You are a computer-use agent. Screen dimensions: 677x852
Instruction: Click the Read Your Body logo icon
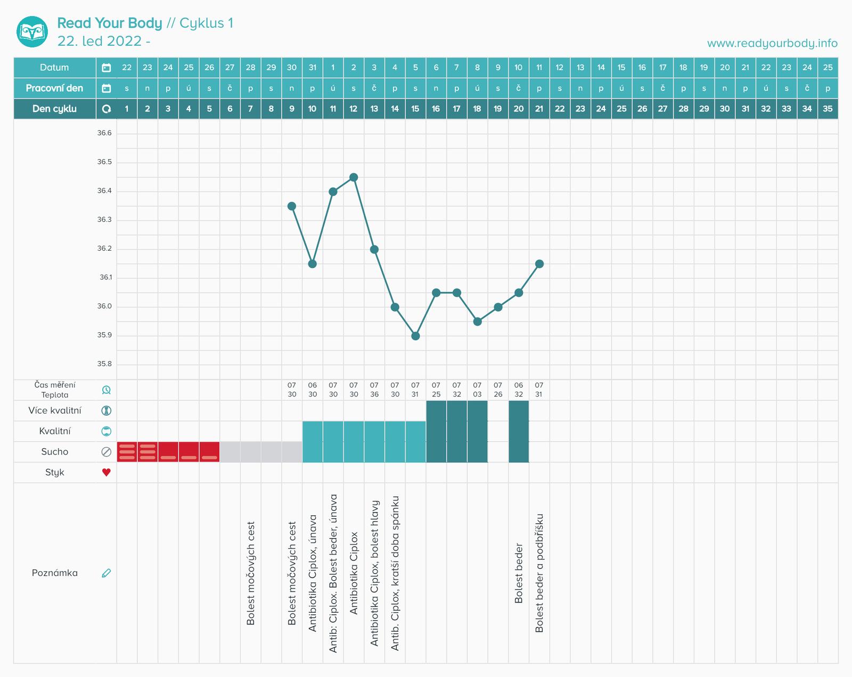coord(32,31)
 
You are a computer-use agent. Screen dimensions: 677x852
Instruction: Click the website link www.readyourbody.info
coord(772,43)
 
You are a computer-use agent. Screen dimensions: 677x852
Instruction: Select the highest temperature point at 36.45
coord(354,177)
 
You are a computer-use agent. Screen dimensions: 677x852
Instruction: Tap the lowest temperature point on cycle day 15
coord(415,336)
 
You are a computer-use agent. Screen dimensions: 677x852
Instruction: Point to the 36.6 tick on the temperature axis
coord(104,133)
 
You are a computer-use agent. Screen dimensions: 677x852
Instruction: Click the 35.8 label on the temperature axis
coord(104,364)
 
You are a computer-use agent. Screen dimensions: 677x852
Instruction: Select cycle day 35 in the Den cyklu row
coord(828,109)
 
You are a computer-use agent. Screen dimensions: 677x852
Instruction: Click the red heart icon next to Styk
coord(106,472)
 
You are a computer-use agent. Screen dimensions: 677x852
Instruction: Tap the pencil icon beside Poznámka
coord(106,573)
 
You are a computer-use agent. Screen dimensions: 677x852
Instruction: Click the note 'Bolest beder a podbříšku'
coord(539,573)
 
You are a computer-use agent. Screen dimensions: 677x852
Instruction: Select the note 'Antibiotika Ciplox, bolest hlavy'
coord(374,573)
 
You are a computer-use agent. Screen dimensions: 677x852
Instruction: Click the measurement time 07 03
coord(477,390)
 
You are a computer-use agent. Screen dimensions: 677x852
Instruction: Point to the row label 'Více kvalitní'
coord(55,410)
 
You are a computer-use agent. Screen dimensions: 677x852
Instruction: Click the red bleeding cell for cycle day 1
coord(127,452)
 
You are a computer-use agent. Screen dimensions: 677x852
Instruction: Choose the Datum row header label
coord(54,68)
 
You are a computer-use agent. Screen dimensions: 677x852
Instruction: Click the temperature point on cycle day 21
coord(539,264)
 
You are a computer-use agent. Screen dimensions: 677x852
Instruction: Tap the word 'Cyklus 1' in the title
coord(207,23)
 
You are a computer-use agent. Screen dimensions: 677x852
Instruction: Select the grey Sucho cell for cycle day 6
coord(230,452)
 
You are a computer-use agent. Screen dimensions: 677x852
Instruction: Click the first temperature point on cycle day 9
coord(292,206)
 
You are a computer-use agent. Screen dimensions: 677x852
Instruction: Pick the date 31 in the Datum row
coord(313,68)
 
